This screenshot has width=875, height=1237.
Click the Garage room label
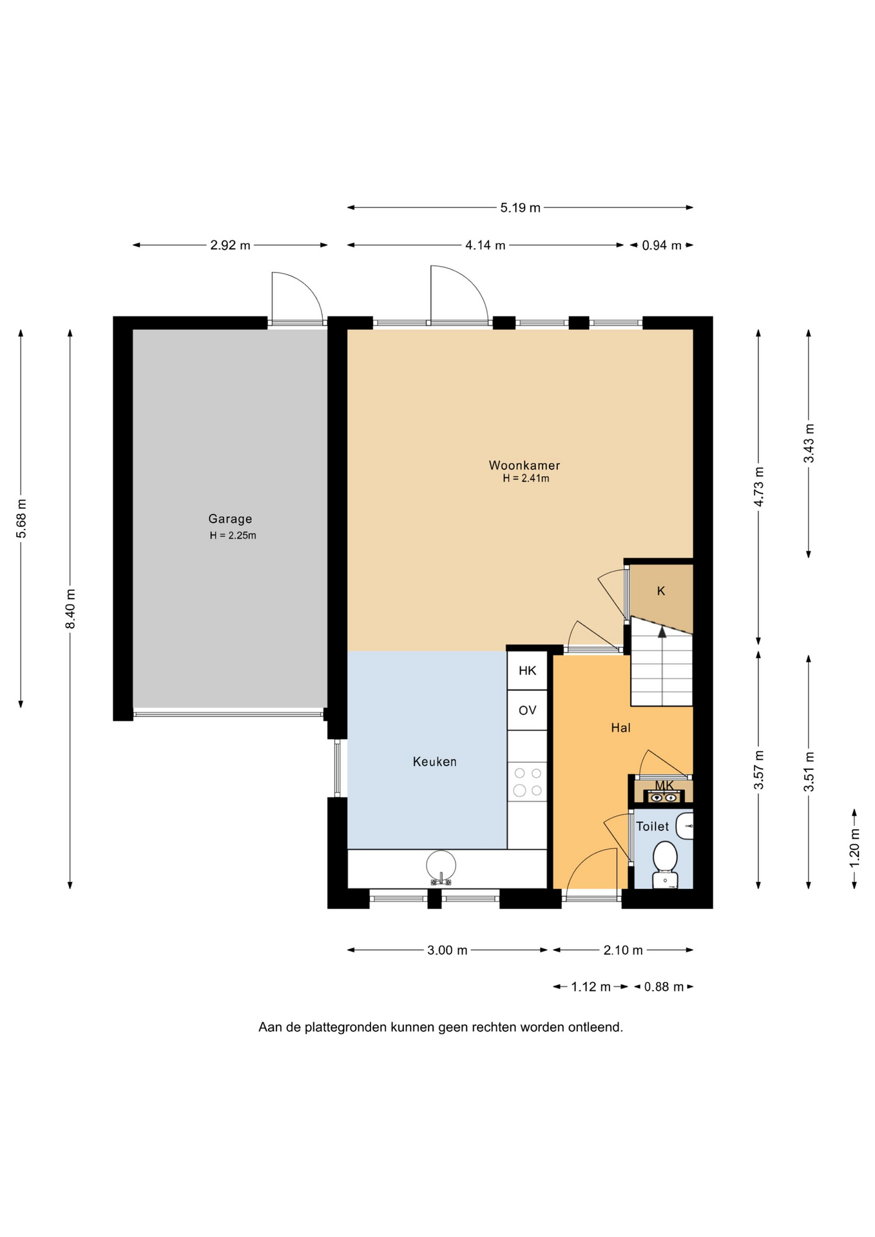pyautogui.click(x=230, y=519)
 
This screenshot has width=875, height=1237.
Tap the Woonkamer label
pyautogui.click(x=524, y=465)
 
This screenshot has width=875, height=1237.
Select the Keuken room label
pyautogui.click(x=435, y=762)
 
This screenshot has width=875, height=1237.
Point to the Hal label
pyautogui.click(x=620, y=727)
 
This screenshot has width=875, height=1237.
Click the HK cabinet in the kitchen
pyautogui.click(x=527, y=671)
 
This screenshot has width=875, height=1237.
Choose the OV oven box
pyautogui.click(x=527, y=710)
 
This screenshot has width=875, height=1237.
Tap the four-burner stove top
pyautogui.click(x=527, y=782)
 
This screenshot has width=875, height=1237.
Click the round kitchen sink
pyautogui.click(x=441, y=866)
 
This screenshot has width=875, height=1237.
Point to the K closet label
pyautogui.click(x=661, y=591)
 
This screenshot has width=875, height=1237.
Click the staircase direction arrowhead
pyautogui.click(x=662, y=632)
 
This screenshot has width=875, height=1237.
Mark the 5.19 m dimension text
pyautogui.click(x=521, y=207)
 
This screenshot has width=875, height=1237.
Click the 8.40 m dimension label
pyautogui.click(x=70, y=609)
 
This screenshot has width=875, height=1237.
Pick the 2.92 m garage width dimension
pyautogui.click(x=230, y=245)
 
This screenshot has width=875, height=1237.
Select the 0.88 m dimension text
pyautogui.click(x=664, y=987)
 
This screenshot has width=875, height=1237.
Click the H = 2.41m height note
pyautogui.click(x=526, y=479)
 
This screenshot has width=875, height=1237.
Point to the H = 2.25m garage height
pyautogui.click(x=233, y=535)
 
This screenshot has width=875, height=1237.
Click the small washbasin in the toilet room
pyautogui.click(x=686, y=826)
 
